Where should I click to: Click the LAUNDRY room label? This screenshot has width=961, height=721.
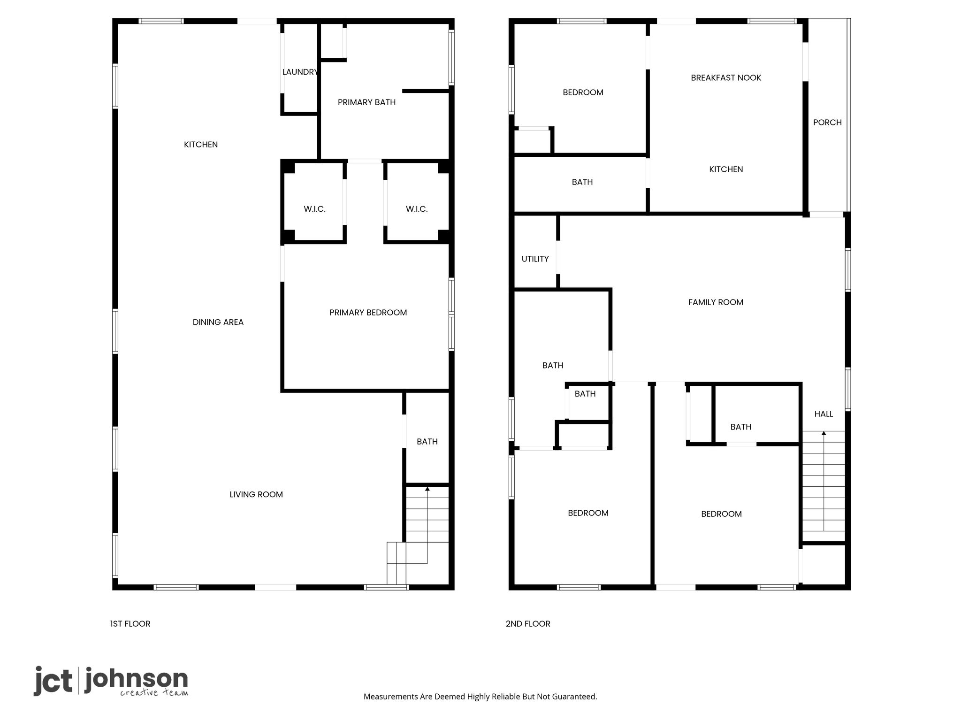click(x=300, y=72)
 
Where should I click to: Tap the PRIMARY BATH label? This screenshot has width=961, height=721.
click(x=366, y=102)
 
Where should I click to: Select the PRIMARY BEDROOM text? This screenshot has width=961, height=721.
click(x=368, y=313)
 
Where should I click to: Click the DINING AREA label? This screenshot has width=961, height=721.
click(x=218, y=322)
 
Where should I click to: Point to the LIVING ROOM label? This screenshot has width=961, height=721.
click(x=256, y=494)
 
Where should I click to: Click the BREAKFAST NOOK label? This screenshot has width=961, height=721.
click(x=726, y=78)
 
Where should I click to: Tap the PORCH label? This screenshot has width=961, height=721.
click(x=827, y=123)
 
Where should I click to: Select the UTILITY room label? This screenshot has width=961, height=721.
click(x=535, y=259)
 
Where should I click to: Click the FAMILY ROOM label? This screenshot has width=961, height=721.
click(x=716, y=302)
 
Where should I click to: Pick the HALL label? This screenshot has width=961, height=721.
click(x=824, y=414)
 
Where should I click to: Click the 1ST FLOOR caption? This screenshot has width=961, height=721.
click(x=130, y=624)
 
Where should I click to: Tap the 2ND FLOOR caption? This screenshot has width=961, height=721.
click(x=528, y=624)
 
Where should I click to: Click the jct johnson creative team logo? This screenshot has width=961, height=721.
click(x=111, y=681)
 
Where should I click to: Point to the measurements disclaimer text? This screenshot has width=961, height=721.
click(x=480, y=697)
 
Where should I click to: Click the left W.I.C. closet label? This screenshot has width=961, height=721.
click(x=314, y=209)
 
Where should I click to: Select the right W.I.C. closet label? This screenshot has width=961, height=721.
click(x=417, y=209)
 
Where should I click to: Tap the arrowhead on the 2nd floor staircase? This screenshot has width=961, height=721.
click(x=824, y=433)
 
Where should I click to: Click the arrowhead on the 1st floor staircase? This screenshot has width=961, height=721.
click(x=427, y=489)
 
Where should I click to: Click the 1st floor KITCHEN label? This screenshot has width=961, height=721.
click(x=201, y=145)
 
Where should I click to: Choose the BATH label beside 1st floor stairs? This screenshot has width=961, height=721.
click(x=427, y=442)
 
